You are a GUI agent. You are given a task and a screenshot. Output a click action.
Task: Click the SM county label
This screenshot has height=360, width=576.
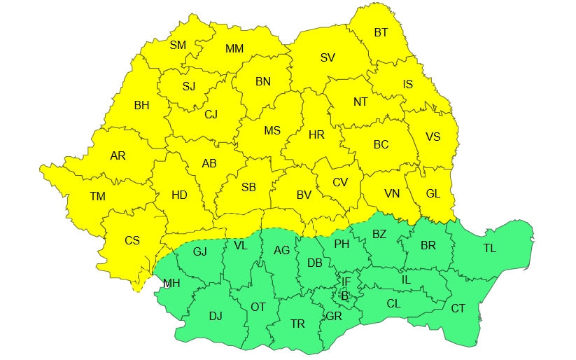178,45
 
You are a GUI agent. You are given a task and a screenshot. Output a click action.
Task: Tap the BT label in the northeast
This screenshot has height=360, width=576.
381,32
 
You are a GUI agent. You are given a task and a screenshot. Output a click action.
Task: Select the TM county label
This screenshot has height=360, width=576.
97,197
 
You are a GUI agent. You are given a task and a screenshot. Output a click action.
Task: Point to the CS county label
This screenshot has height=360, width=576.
132,240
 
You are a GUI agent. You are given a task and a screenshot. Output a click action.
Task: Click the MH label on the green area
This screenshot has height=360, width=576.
171,284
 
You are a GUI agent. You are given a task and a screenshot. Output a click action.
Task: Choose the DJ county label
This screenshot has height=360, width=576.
216,316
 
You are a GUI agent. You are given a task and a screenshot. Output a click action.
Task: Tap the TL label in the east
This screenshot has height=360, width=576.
489,248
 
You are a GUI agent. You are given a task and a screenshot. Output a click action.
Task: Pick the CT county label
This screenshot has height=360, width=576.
458,308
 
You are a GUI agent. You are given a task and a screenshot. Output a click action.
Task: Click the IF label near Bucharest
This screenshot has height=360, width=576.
346,282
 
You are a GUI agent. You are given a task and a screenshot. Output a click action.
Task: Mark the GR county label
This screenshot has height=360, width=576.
334,317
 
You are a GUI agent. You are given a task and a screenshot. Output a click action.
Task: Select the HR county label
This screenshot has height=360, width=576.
316,134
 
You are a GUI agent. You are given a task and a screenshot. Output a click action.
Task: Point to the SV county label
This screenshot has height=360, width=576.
328,57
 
